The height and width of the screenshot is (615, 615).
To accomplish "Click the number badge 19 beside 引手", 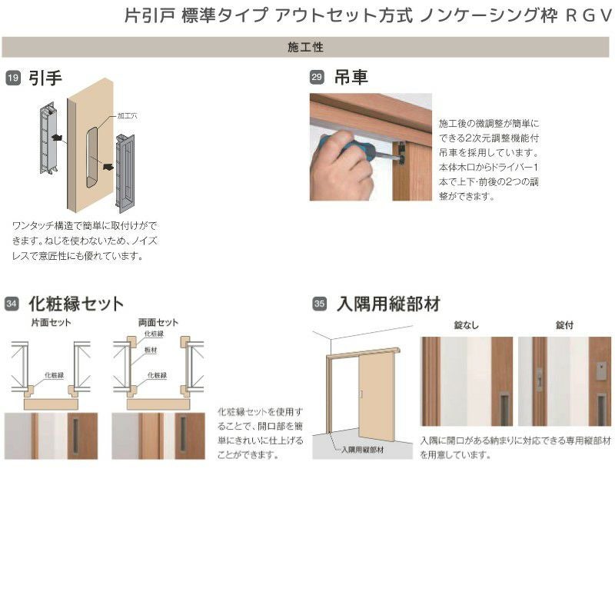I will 12,78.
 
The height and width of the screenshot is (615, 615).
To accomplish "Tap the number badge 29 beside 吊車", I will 316,78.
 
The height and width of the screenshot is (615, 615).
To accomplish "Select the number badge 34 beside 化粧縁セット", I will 12,304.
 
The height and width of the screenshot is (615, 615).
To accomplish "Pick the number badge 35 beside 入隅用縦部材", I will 319,304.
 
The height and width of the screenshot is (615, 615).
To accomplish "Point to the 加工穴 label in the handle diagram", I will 126,115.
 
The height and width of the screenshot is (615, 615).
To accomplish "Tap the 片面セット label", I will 51,323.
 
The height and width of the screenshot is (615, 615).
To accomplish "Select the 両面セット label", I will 158,323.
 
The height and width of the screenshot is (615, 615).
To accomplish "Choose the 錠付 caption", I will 564,325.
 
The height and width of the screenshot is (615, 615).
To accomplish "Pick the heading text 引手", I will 45,78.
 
